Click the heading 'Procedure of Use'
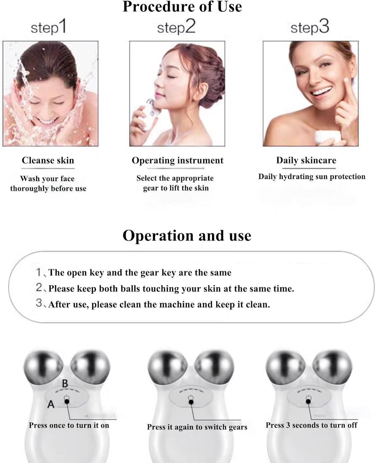(x=182, y=7)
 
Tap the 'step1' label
(x=48, y=27)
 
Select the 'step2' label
(x=176, y=27)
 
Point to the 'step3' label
(x=310, y=27)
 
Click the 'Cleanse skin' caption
(x=48, y=161)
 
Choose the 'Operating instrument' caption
(x=177, y=161)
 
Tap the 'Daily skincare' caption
(x=306, y=161)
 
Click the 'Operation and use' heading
(x=187, y=236)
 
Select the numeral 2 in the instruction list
(x=39, y=288)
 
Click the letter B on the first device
(x=65, y=384)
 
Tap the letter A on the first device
(x=51, y=404)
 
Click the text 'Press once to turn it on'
(x=69, y=425)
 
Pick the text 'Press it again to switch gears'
(x=197, y=427)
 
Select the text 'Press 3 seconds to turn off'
(x=311, y=425)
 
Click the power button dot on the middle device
(x=191, y=402)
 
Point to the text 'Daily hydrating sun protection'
(x=312, y=177)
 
